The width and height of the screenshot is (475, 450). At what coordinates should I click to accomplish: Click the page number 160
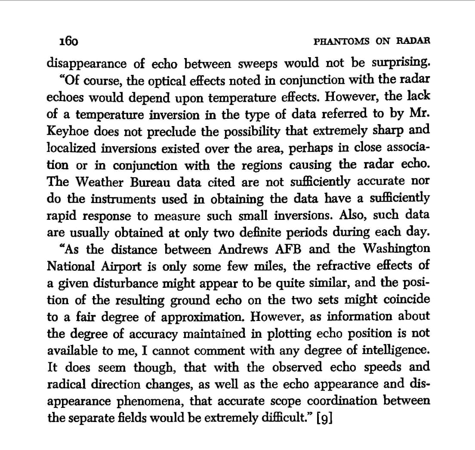click(x=68, y=41)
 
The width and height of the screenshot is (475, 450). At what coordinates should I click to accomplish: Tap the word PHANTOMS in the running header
click(x=342, y=41)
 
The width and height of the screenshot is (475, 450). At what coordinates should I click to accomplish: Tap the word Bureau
click(x=140, y=182)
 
